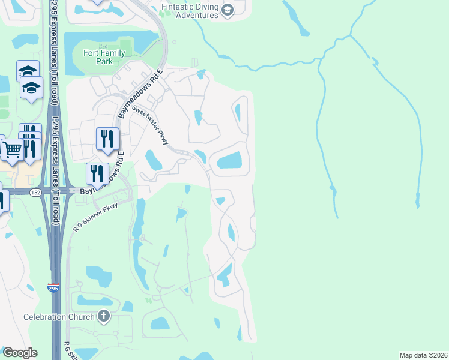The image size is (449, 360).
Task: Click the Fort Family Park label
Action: [x=104, y=57]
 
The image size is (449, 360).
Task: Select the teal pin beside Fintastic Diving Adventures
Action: [x=227, y=10]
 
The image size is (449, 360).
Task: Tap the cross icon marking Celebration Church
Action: [x=104, y=316]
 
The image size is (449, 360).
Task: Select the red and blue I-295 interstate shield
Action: [x=54, y=289]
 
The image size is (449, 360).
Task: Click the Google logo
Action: [x=20, y=353]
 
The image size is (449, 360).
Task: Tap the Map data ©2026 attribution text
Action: [x=423, y=355]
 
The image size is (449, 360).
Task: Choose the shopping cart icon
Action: [x=12, y=149]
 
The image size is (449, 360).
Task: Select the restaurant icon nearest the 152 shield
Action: [x=97, y=174]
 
